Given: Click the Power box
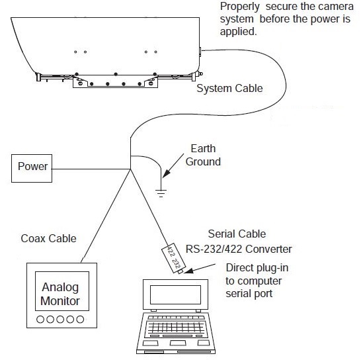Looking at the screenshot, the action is tap(32, 168).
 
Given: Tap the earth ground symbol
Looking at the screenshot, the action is tap(161, 193).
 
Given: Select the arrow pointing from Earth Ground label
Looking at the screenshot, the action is tap(173, 165).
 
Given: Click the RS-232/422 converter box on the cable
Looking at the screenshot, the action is tap(174, 258).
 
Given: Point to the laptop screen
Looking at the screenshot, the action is tap(175, 294).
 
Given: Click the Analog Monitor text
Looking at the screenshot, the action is tap(60, 294).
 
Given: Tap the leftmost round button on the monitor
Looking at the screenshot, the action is tap(40, 319).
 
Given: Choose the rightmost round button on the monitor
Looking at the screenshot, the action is tap(80, 319).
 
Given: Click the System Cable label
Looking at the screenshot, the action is tap(229, 88).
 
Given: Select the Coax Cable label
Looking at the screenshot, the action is tap(49, 238).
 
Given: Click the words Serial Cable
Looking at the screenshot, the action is tap(237, 234).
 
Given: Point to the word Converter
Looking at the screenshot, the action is tap(268, 249).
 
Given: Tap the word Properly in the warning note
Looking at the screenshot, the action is tap(240, 7).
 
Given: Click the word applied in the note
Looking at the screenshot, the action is tap(239, 31).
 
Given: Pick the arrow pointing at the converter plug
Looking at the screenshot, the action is tap(200, 268).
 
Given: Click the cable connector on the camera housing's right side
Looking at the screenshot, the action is tap(200, 52).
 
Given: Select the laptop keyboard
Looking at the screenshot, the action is tap(175, 326).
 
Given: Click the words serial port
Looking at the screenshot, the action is tap(249, 294).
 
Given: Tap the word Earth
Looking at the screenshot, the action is tap(203, 148).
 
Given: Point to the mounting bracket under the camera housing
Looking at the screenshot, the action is tap(115, 82).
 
